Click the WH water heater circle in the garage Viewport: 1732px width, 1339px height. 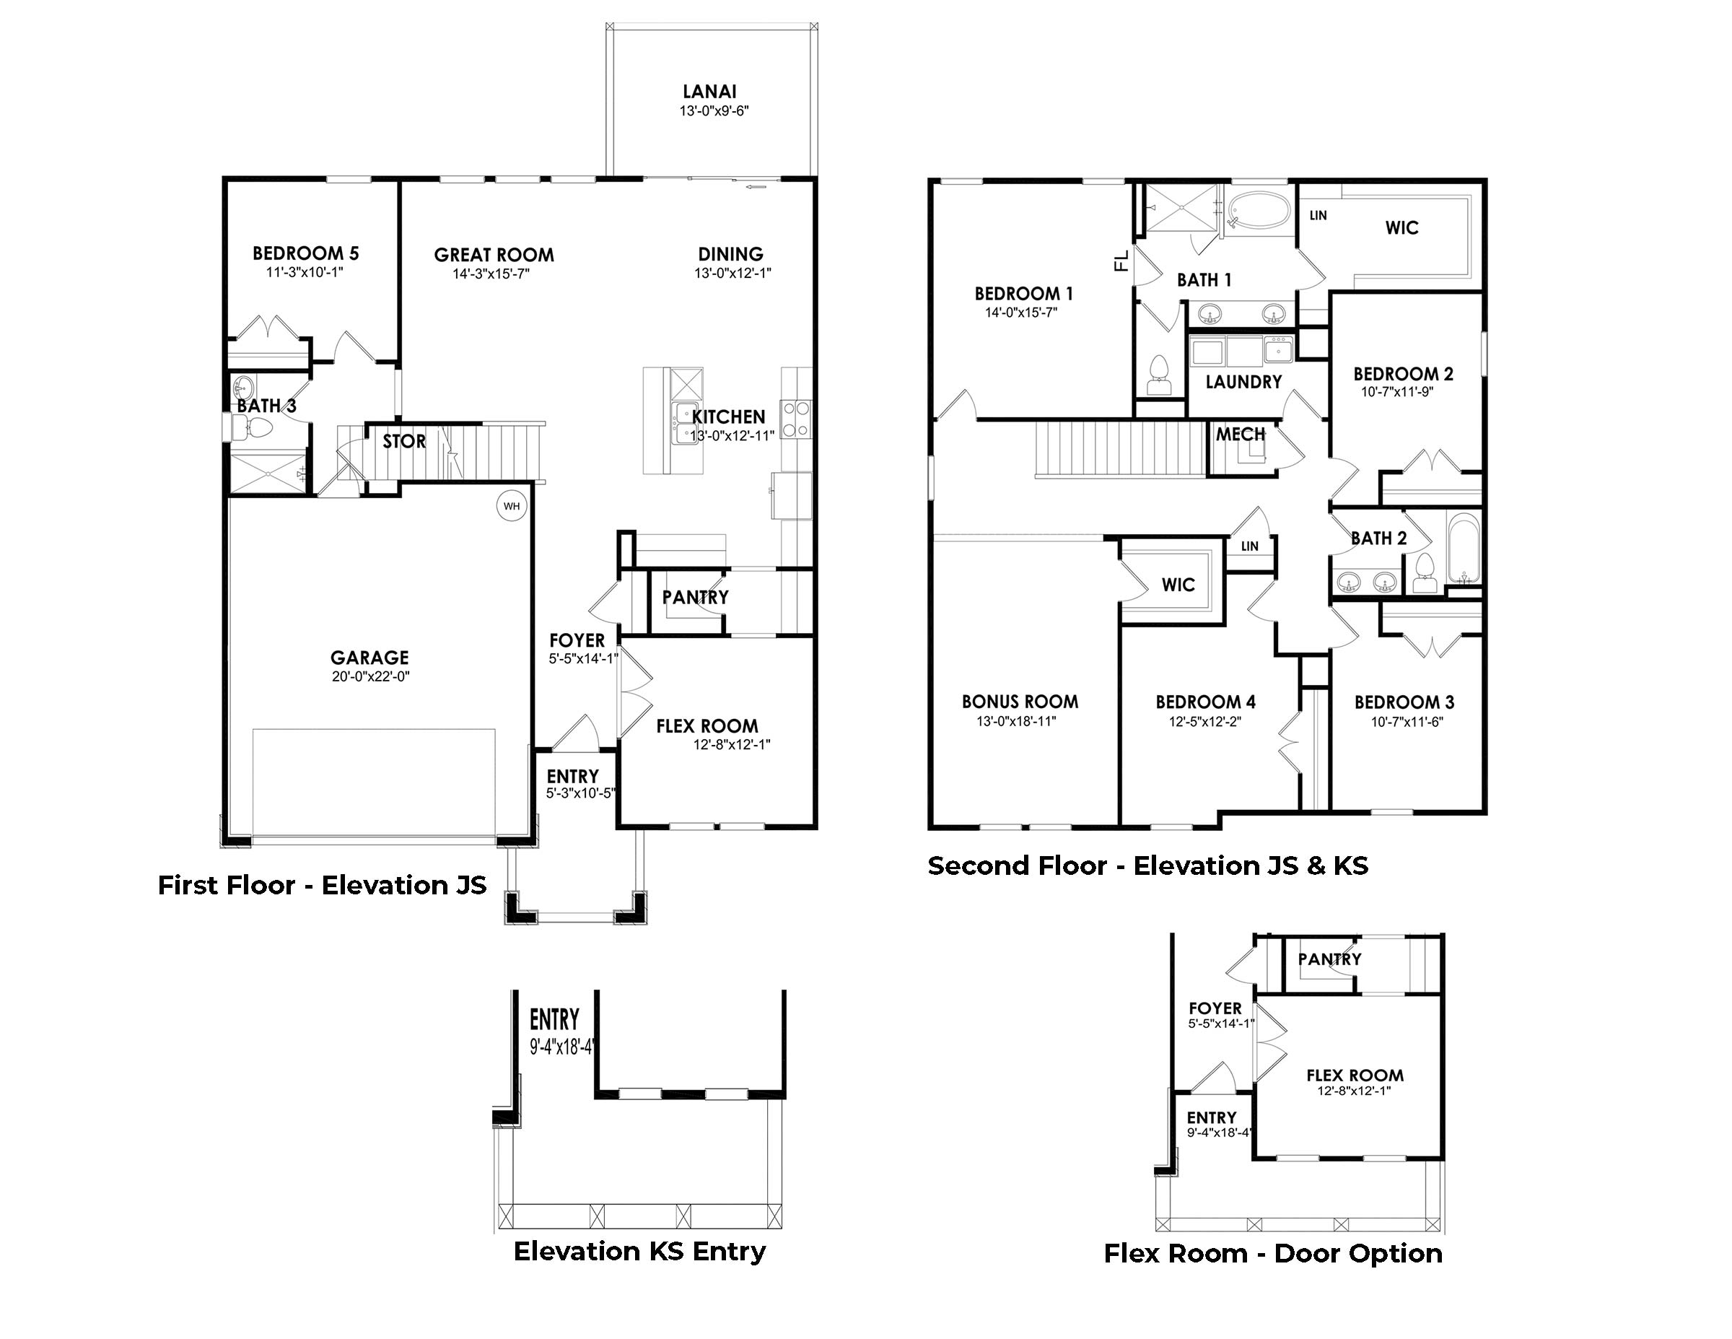click(512, 506)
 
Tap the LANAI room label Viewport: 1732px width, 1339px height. click(710, 92)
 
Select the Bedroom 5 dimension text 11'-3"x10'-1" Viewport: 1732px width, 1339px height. click(305, 272)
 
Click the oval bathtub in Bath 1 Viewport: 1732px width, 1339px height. click(1259, 209)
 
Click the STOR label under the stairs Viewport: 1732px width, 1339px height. click(403, 442)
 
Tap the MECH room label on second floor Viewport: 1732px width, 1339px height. click(1240, 435)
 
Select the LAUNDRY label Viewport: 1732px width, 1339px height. click(1243, 383)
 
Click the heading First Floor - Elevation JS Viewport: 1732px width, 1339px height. click(322, 885)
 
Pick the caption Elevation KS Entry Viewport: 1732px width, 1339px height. click(639, 1252)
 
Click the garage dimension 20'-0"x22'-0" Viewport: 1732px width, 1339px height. click(370, 676)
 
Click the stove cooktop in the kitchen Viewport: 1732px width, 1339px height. click(796, 419)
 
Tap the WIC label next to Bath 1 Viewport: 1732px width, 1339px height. click(1401, 228)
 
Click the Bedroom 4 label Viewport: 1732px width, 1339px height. click(1204, 702)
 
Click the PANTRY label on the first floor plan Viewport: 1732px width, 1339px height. click(695, 597)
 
